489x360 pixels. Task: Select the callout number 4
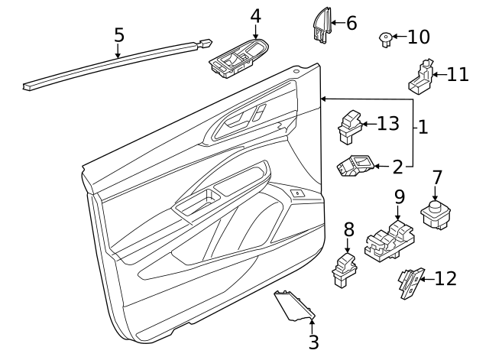(x=255, y=15)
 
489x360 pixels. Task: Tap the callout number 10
(x=419, y=37)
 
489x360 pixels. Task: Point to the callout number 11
(x=458, y=74)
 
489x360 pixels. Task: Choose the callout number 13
(x=388, y=123)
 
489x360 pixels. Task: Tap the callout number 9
(x=399, y=197)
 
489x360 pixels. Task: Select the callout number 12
(x=445, y=279)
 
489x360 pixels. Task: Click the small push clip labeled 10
(x=386, y=38)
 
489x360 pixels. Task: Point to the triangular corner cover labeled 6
(x=319, y=24)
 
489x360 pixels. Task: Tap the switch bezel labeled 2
(x=355, y=165)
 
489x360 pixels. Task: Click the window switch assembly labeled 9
(x=390, y=240)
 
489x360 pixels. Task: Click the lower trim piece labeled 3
(x=295, y=307)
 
